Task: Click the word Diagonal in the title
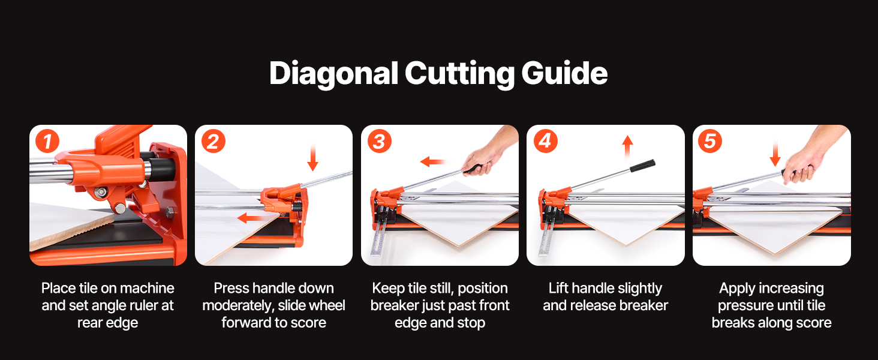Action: pos(333,74)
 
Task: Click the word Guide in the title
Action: pos(564,73)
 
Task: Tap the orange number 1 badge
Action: pos(47,141)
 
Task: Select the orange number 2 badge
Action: pos(214,141)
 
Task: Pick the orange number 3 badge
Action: pos(380,141)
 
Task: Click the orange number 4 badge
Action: pos(546,141)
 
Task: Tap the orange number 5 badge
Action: pos(710,141)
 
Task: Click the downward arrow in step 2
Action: pos(312,158)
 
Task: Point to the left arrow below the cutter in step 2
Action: pos(252,218)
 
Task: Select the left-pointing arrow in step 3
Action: pos(434,161)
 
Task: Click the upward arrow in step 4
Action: pos(627,147)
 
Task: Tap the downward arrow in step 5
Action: pos(775,155)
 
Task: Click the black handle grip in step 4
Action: pos(642,166)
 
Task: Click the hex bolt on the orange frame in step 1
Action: pos(170,212)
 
